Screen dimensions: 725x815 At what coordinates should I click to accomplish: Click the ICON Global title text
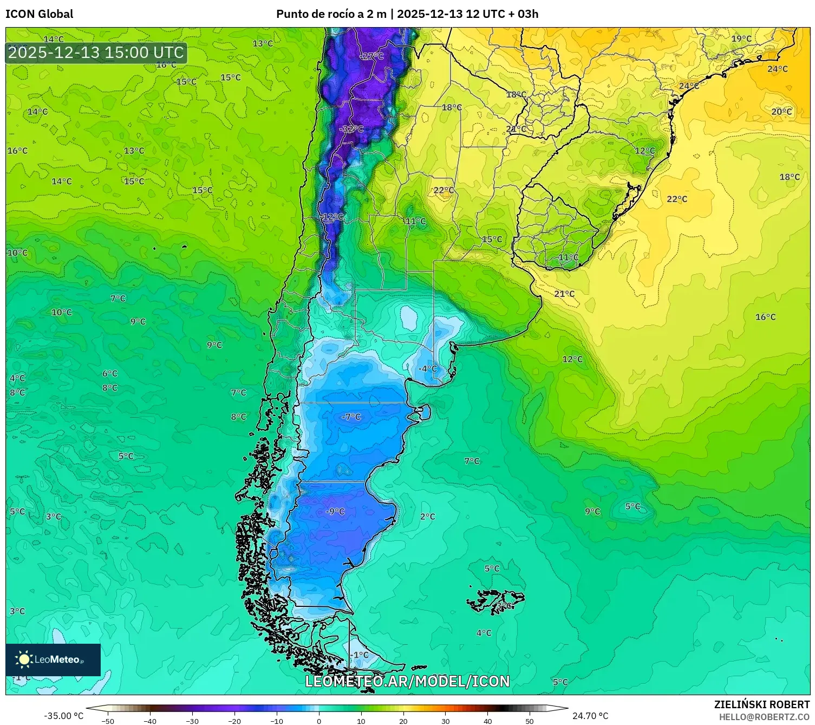[39, 14]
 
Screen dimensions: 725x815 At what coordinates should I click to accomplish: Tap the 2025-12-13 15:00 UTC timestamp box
[96, 53]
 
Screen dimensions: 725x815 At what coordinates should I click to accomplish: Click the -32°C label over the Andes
[351, 129]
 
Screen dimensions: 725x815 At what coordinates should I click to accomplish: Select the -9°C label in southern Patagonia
[335, 512]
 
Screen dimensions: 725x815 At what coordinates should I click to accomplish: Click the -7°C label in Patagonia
[351, 417]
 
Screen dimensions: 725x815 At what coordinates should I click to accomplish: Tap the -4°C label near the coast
[427, 369]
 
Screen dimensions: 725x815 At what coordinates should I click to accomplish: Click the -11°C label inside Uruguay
[568, 257]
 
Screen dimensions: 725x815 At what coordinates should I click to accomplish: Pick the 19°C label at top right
[741, 39]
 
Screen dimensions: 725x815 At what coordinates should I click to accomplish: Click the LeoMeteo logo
[53, 659]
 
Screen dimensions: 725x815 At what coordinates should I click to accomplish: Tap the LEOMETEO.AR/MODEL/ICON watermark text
[407, 681]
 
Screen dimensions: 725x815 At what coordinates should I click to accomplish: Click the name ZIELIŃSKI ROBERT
[761, 704]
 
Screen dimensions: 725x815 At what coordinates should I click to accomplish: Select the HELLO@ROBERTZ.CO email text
[764, 717]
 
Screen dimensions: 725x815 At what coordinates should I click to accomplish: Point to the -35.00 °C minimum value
[63, 716]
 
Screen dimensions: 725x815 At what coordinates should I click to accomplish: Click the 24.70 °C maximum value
[590, 716]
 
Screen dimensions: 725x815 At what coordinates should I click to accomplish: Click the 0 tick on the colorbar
[318, 721]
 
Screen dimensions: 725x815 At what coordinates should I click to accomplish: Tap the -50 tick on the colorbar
[108, 721]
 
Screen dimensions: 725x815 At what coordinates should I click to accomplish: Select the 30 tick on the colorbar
[445, 721]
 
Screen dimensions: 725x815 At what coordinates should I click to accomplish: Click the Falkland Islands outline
[495, 601]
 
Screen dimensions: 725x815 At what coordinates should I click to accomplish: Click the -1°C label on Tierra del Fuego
[359, 655]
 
